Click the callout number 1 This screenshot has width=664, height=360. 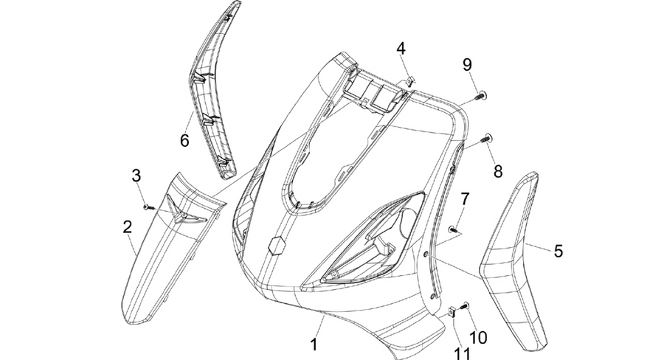[x=314, y=344]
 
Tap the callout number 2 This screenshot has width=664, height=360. [x=128, y=227]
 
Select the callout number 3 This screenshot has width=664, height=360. [x=136, y=176]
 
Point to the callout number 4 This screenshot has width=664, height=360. [x=401, y=49]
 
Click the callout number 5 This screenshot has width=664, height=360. [x=558, y=251]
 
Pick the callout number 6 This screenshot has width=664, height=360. [x=184, y=140]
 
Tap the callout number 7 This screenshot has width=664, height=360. [x=465, y=199]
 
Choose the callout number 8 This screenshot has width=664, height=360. [x=497, y=172]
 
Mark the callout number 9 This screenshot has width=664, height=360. [x=467, y=65]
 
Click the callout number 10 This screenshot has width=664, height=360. [x=477, y=337]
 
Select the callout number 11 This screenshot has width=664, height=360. [x=462, y=353]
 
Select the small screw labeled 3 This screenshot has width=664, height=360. [x=148, y=207]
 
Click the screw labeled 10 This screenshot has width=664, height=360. [x=466, y=305]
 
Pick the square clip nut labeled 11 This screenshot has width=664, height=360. [x=452, y=312]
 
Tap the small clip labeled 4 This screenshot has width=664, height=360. [x=410, y=80]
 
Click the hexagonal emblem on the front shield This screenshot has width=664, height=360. [x=276, y=245]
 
